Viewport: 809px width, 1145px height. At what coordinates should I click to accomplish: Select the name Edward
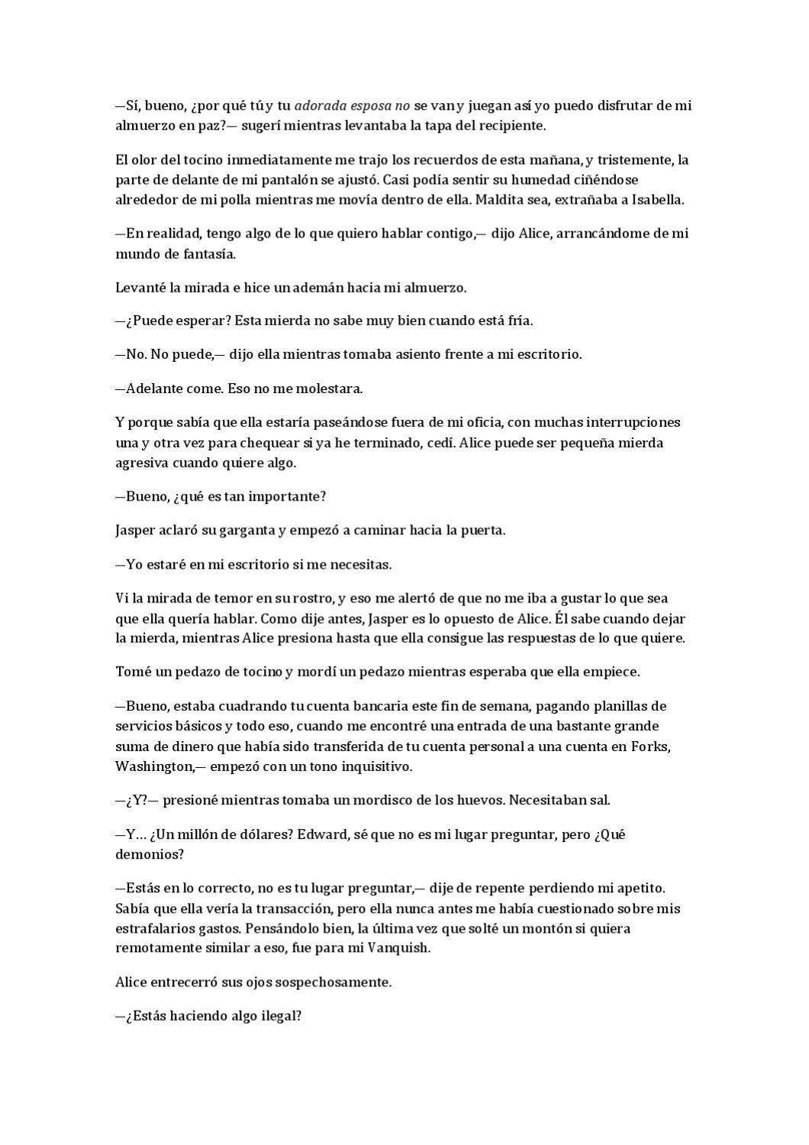coord(321,834)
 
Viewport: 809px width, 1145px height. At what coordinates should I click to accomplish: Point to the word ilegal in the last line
coord(276,1017)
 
